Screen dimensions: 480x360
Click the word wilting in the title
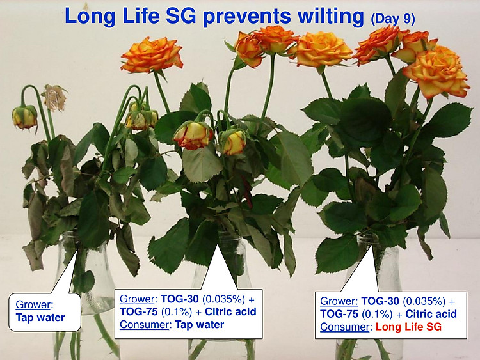point(330,16)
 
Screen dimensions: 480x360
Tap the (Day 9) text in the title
point(392,19)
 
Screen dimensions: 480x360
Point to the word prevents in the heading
point(246,17)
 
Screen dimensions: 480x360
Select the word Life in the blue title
point(141,15)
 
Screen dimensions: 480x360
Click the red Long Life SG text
point(408,327)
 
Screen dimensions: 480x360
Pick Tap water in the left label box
point(40,317)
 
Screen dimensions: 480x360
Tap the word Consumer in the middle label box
point(144,325)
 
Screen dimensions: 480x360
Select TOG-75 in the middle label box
point(138,311)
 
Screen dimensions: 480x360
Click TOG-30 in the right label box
point(380,301)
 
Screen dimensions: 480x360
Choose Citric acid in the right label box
point(431,314)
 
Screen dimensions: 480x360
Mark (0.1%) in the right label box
point(378,314)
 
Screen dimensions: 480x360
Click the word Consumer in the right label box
point(345,327)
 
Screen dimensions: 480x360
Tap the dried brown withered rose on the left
point(54,98)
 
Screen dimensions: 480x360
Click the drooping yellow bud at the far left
point(24,117)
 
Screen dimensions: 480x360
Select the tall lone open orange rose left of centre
point(152,55)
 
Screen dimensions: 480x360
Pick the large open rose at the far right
point(436,74)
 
